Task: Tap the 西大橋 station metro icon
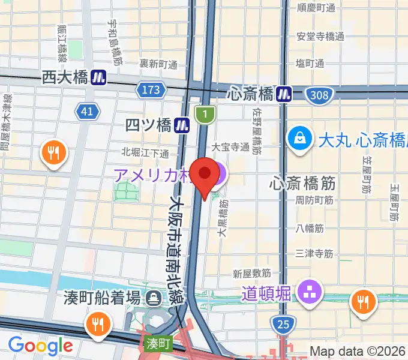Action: (100, 77)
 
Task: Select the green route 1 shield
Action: (205, 113)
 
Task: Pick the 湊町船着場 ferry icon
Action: (155, 297)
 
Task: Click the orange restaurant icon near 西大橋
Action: (54, 153)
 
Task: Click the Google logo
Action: (40, 345)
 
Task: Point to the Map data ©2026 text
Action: (358, 351)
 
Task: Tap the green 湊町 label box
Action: (158, 344)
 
